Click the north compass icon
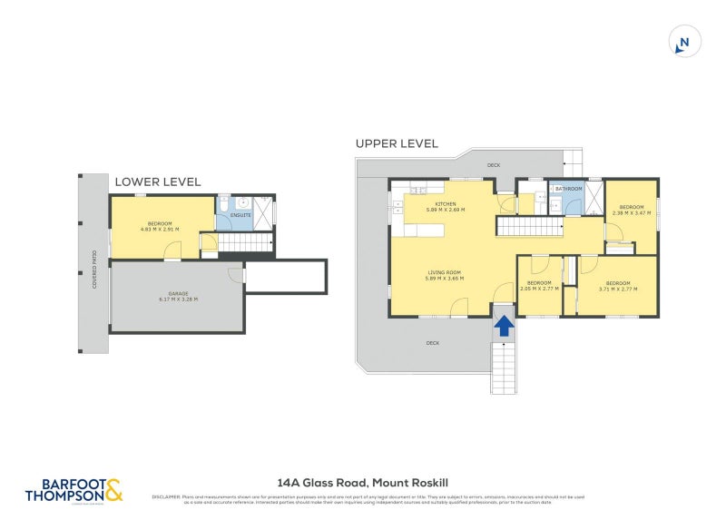coord(684,42)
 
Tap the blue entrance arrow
coord(504,325)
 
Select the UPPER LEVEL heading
coord(397,143)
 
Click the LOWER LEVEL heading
coord(158,182)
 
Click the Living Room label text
coord(445,275)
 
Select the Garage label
coord(178,297)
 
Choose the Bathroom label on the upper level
coord(569,189)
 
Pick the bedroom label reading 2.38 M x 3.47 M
coord(632,210)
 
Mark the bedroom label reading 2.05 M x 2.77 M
coord(540,286)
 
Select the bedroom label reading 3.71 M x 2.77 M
coord(618,286)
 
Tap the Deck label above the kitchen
coord(494,165)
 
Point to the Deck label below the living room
coord(433,343)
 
